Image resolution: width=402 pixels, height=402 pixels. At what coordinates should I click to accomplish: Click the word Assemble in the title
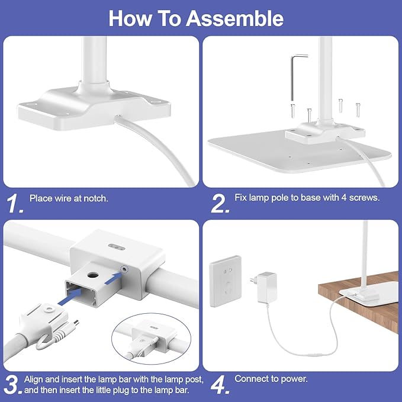click(234, 18)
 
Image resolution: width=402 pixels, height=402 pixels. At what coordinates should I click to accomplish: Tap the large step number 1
click(15, 203)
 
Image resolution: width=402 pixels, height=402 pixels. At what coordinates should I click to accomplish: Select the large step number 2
click(220, 203)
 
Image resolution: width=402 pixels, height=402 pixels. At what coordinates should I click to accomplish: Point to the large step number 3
click(13, 385)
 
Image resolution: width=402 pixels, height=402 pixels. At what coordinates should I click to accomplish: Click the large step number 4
click(220, 385)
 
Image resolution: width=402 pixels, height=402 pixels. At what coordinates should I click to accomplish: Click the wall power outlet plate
click(226, 281)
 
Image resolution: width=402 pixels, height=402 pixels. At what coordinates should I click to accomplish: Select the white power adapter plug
click(264, 287)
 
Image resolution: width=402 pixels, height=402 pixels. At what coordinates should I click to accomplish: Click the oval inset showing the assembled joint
click(153, 339)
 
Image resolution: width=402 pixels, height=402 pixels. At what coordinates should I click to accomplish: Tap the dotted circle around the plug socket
click(124, 269)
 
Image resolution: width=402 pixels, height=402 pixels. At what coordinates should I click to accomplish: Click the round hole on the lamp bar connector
click(93, 276)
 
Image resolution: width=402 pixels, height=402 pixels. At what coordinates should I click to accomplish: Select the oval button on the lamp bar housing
click(117, 247)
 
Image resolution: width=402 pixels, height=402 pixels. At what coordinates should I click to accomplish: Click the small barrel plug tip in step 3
click(76, 322)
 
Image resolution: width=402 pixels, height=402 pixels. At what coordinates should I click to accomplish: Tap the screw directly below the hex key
click(293, 110)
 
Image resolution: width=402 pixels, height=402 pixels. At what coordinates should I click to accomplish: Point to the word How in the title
click(130, 18)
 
